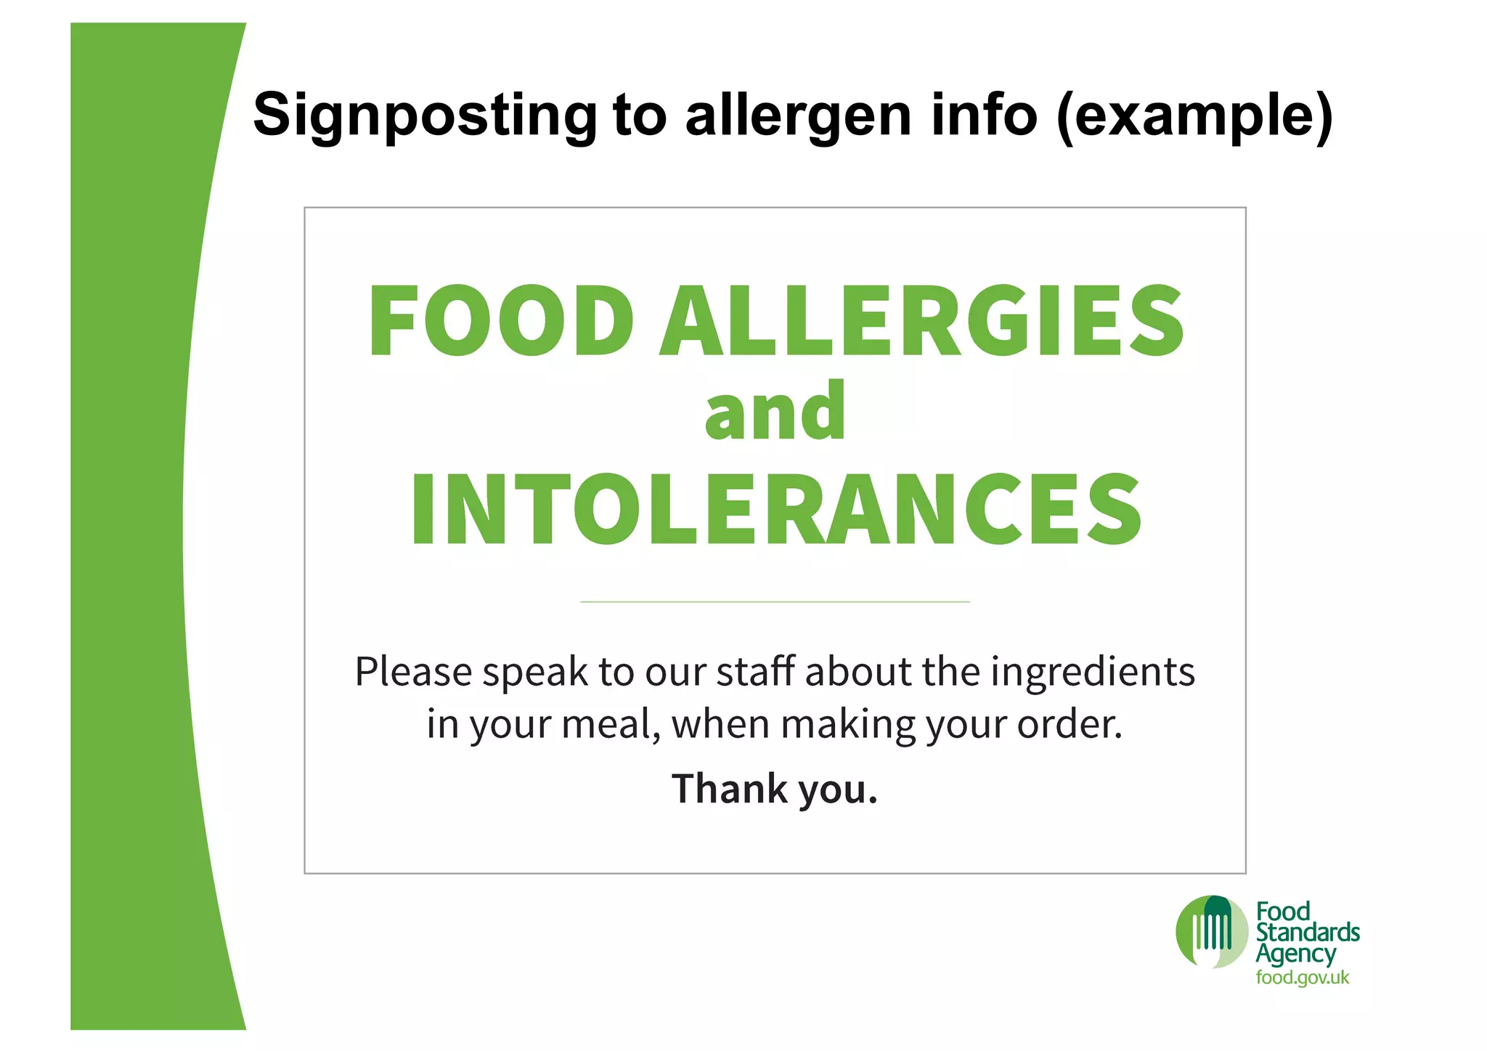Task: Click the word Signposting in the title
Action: pyautogui.click(x=424, y=115)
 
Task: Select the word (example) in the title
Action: pyautogui.click(x=1194, y=115)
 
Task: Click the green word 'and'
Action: pyautogui.click(x=775, y=412)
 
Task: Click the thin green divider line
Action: pyautogui.click(x=775, y=601)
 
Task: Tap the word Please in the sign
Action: pyautogui.click(x=413, y=672)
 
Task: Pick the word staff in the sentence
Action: pyautogui.click(x=756, y=671)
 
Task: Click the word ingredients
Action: pyautogui.click(x=1093, y=672)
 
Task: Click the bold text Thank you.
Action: pyautogui.click(x=775, y=789)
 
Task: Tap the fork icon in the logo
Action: pyautogui.click(x=1211, y=931)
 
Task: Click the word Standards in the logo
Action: pyautogui.click(x=1308, y=932)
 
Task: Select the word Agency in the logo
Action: pyautogui.click(x=1295, y=954)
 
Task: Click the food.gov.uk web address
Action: pyautogui.click(x=1303, y=978)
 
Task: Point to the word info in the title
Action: pyautogui.click(x=984, y=115)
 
